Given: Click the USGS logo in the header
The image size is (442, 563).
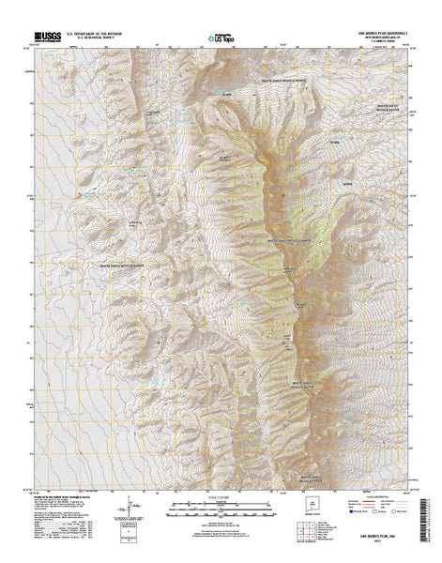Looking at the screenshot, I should pos(44,34).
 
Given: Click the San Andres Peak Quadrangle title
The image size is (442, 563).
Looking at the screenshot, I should pos(374,30).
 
